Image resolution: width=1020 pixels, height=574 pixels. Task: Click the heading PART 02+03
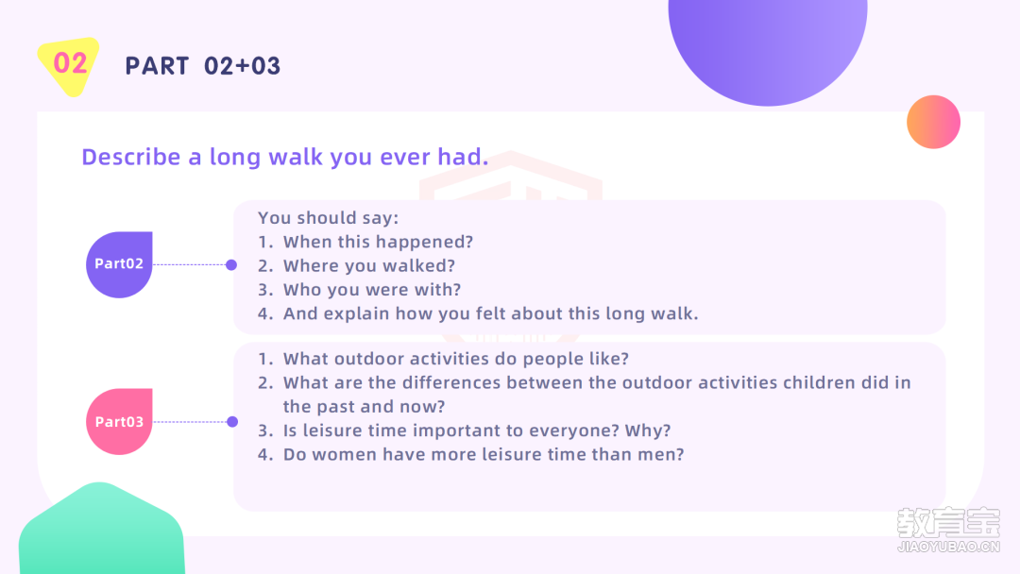202,66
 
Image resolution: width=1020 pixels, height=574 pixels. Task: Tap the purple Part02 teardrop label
119,264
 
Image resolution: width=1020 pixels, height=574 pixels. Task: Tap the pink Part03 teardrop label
119,422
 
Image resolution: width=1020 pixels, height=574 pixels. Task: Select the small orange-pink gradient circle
933,122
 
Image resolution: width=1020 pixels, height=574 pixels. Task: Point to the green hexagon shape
101,530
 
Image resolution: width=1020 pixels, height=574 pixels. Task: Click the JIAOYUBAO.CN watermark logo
948,530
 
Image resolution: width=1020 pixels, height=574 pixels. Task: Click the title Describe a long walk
285,157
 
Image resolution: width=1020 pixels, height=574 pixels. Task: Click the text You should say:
328,218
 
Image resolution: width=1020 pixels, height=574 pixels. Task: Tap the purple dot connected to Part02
231,264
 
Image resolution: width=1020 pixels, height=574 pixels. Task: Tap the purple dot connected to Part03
232,422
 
